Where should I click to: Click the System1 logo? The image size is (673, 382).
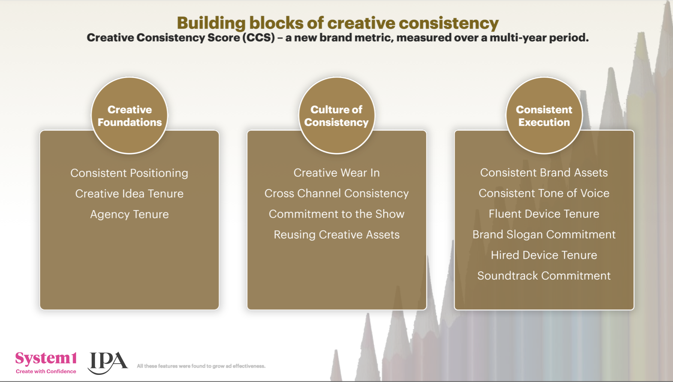[46, 362]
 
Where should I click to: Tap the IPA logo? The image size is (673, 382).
[108, 363]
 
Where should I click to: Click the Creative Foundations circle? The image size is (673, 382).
[130, 115]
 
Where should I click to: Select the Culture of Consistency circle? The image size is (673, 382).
[336, 115]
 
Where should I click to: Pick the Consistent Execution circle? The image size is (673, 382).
[544, 115]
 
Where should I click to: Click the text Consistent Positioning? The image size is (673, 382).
[130, 173]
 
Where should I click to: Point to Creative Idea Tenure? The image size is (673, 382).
[130, 194]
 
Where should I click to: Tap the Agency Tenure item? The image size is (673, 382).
[130, 214]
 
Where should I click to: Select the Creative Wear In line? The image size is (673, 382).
[336, 173]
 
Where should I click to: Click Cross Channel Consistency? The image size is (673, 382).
[336, 193]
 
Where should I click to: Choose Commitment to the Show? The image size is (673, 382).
[336, 214]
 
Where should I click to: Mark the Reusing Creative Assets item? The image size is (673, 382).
[336, 235]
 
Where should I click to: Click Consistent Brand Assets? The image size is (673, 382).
[544, 173]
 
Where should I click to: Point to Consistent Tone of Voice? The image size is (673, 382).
[544, 193]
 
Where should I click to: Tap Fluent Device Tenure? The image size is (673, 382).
[544, 214]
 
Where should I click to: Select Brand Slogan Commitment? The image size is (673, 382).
[544, 234]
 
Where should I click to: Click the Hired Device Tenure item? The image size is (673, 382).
[544, 255]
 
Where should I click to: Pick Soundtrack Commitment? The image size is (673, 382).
[544, 276]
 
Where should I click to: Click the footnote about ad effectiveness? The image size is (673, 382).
[201, 366]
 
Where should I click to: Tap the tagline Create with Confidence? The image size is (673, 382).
[46, 371]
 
